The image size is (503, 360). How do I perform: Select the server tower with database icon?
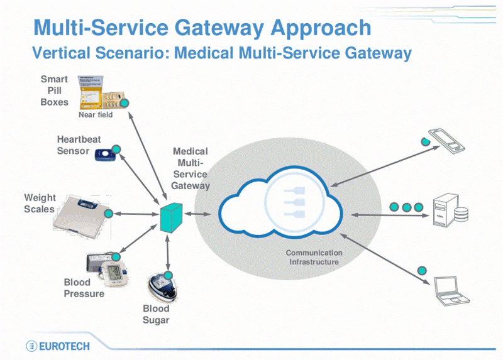point(450,211)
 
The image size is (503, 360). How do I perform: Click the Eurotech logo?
point(58,346)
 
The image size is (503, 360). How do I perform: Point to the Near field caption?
point(96,116)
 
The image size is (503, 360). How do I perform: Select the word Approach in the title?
point(321,27)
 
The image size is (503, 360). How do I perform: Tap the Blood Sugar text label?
point(156,314)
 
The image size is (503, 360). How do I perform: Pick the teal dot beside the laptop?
point(423,271)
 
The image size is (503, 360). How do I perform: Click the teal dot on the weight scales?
point(108,214)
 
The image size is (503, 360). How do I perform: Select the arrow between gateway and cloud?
point(200,215)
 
